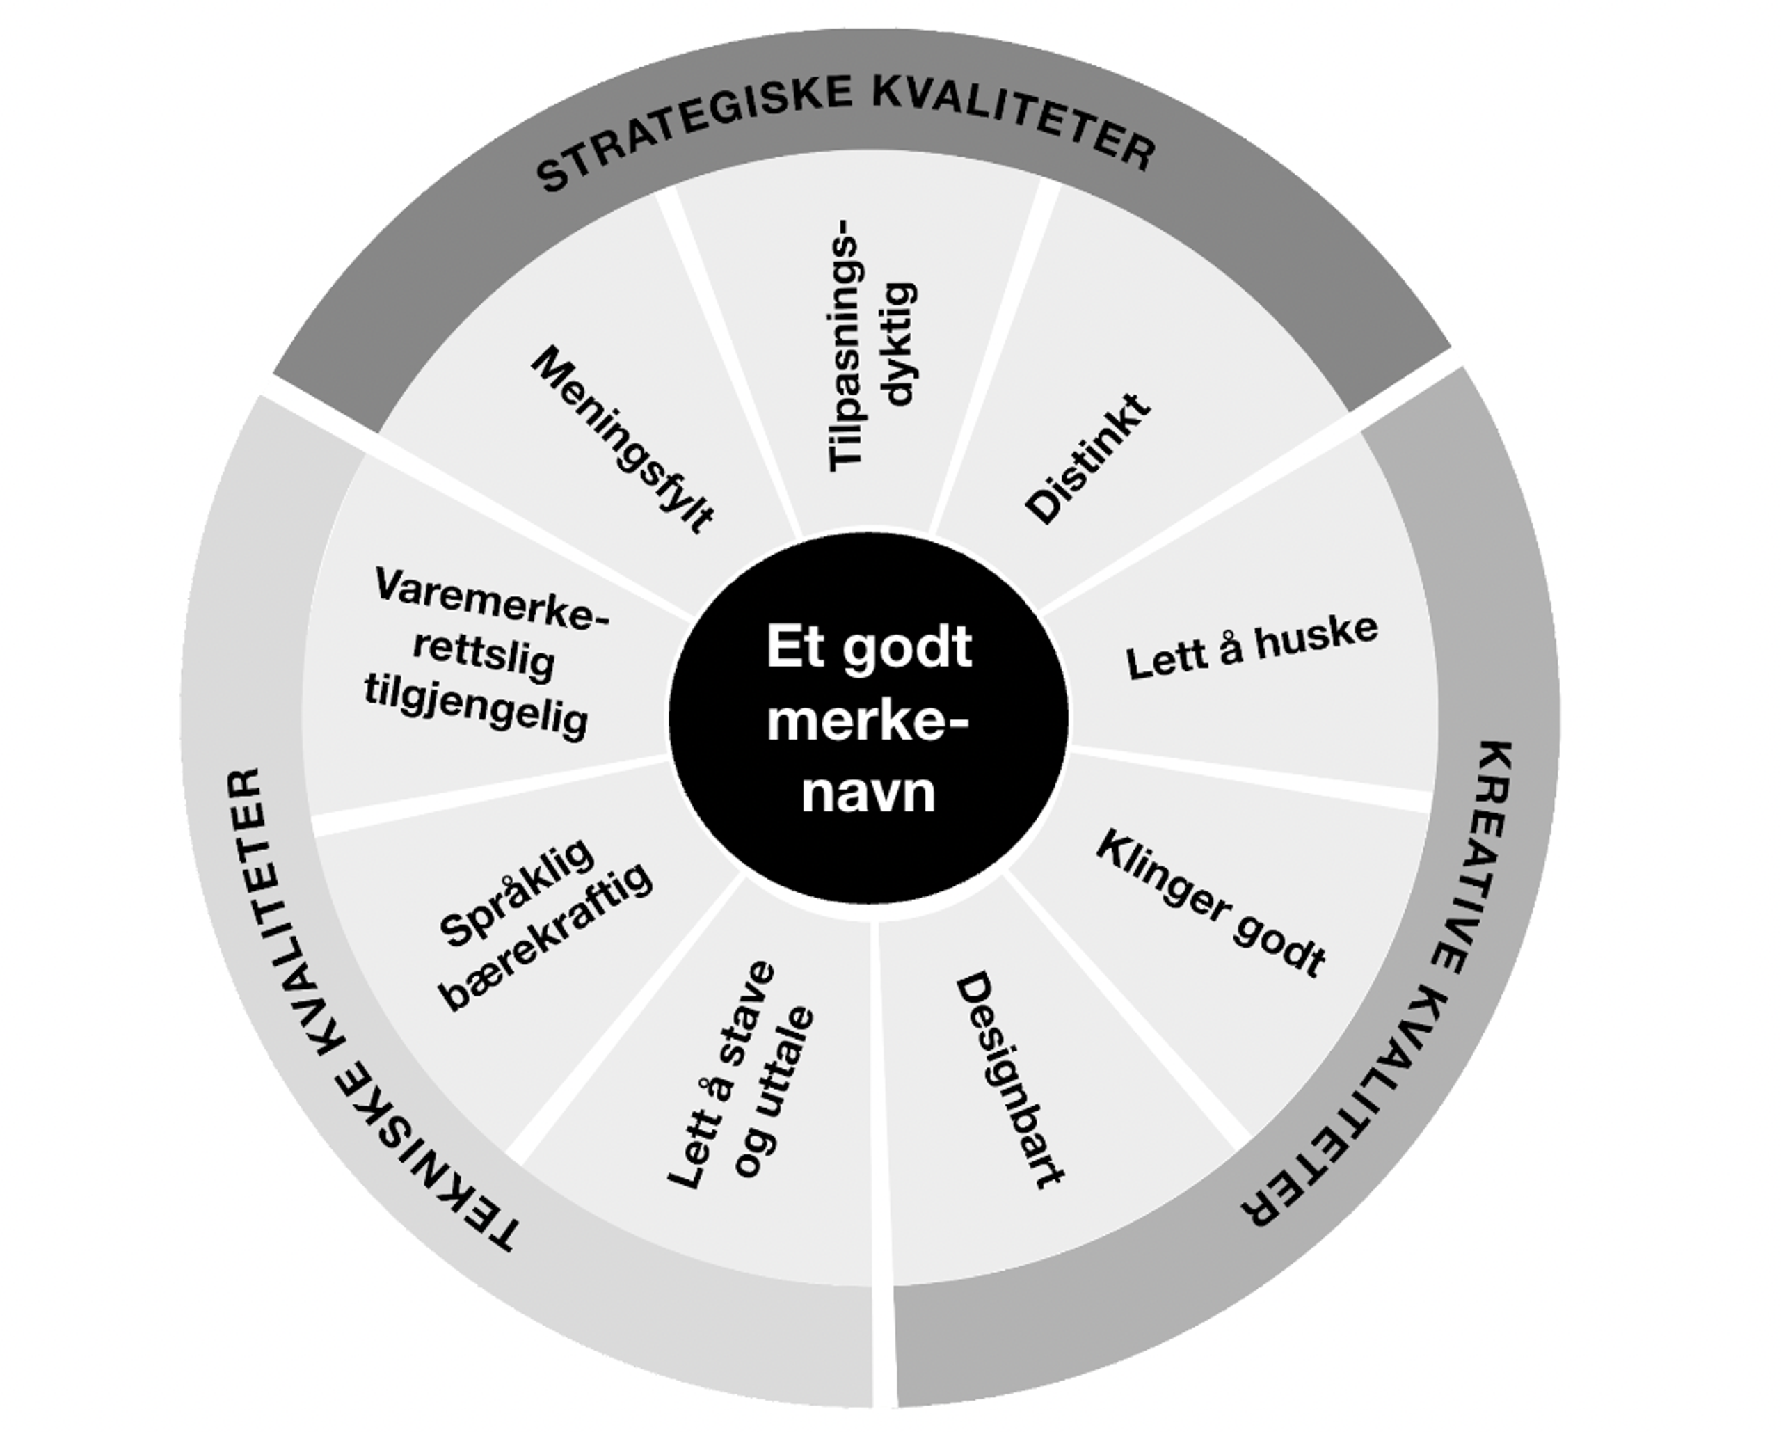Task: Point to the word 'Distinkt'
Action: tap(1088, 459)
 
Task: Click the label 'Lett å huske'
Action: tap(1252, 647)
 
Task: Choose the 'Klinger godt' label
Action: tap(1211, 904)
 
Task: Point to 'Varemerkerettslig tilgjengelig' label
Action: tap(481, 653)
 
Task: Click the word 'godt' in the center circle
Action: tap(908, 649)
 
